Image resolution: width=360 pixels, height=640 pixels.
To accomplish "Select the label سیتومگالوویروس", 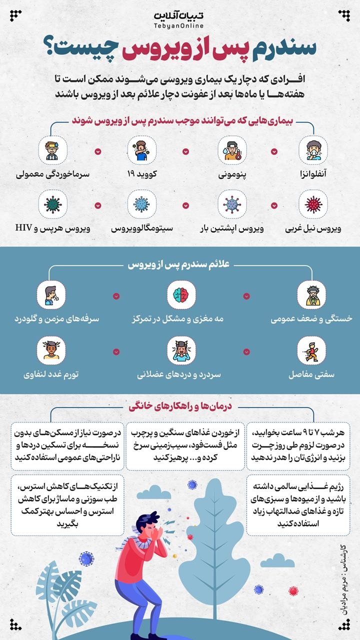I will pyautogui.click(x=142, y=229).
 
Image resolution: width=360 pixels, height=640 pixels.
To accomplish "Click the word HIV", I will pyautogui.click(x=23, y=228).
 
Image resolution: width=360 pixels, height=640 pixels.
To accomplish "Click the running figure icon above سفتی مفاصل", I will pyautogui.click(x=312, y=350).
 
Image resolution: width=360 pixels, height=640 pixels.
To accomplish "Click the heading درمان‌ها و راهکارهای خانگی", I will pyautogui.click(x=181, y=406).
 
